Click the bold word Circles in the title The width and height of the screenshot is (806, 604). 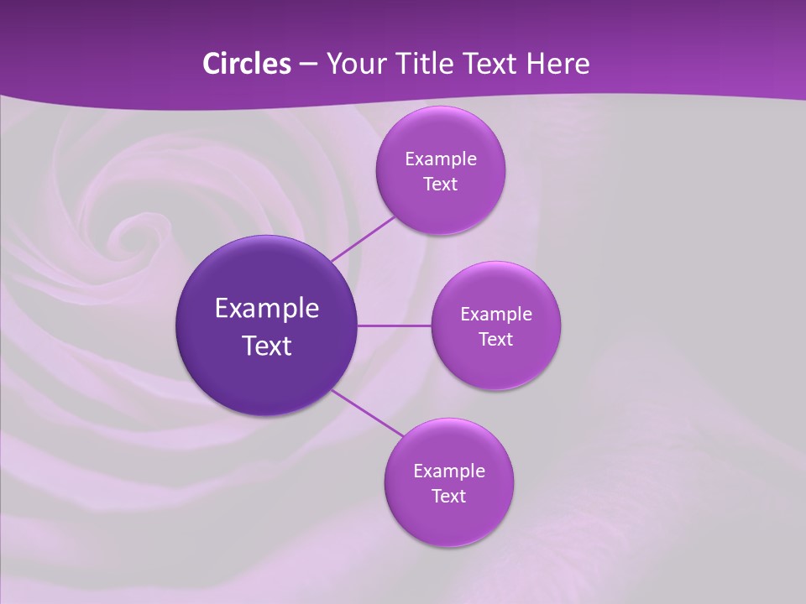coord(246,64)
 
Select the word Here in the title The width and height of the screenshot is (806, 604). coord(557,64)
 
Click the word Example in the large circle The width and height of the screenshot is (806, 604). coord(267,309)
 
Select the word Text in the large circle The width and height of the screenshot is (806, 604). coord(267,346)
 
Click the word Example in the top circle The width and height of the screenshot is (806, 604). coord(441,159)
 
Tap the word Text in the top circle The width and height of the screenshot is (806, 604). coord(440,185)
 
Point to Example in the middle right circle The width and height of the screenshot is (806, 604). coord(496,315)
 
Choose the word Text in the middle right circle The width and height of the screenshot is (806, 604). coord(495,340)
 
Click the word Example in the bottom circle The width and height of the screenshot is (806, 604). coord(449,471)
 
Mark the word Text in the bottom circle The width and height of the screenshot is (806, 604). coord(448,497)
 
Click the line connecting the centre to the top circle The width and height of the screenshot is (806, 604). coord(363,238)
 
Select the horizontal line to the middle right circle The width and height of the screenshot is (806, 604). coord(394,325)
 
